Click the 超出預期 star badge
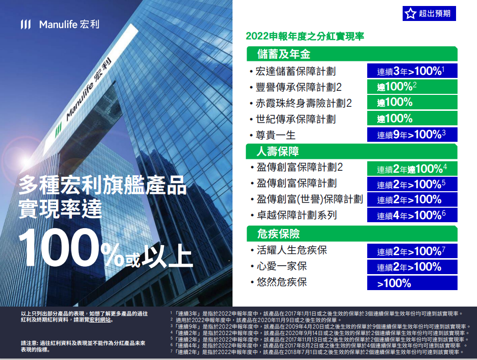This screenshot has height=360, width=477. click(429, 14)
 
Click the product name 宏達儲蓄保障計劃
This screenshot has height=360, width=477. click(295, 71)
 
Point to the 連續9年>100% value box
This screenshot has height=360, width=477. click(412, 135)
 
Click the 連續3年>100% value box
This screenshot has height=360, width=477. click(412, 71)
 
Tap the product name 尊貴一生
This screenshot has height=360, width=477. click(275, 135)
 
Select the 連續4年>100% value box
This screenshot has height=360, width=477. click(412, 216)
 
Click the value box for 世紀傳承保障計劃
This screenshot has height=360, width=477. click(412, 119)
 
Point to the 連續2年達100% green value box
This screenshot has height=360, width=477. click(412, 168)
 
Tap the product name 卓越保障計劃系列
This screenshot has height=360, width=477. click(296, 215)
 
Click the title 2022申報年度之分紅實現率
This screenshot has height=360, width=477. click(305, 36)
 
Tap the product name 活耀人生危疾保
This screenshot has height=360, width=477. click(291, 250)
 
